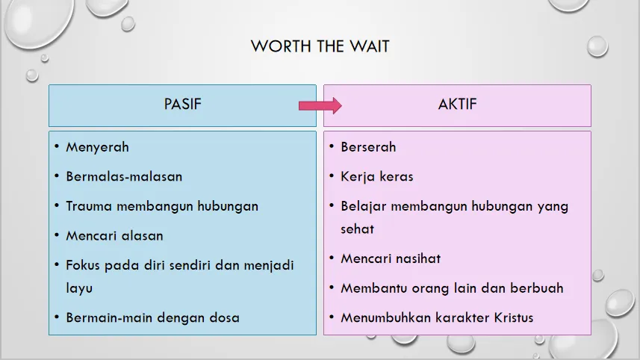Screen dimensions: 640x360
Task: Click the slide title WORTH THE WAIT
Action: (320, 46)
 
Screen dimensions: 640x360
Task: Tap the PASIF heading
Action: (182, 104)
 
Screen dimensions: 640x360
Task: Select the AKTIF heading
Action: (457, 104)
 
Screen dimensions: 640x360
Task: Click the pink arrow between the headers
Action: (320, 106)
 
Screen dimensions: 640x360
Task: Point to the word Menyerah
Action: (97, 147)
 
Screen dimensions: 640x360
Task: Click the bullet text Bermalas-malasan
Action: (124, 177)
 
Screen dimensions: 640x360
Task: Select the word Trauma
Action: (89, 206)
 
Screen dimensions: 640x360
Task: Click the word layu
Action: (79, 288)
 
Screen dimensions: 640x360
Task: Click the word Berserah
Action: (368, 147)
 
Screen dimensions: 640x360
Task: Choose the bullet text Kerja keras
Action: (376, 177)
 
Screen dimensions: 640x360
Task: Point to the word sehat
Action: (357, 229)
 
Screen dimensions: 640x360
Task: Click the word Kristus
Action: (514, 317)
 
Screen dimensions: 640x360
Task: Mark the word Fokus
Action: (83, 265)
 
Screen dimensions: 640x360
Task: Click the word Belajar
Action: (363, 206)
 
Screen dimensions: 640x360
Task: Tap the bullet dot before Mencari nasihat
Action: (332, 258)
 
